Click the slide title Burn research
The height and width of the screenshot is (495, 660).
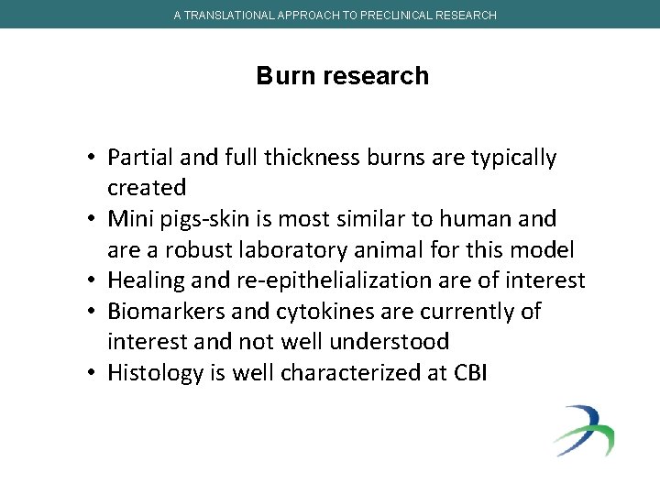342,75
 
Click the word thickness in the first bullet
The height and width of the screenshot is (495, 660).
313,158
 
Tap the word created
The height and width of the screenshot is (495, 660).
147,188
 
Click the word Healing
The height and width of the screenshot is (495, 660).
143,280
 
